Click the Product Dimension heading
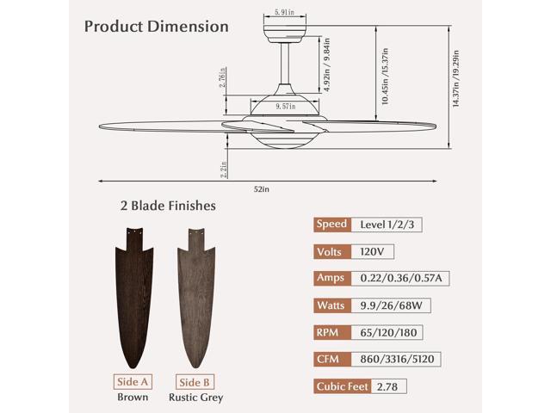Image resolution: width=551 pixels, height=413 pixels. tap(157, 27)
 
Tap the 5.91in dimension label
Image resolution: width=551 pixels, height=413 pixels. tap(285, 12)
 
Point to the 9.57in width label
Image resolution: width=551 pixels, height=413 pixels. tap(285, 106)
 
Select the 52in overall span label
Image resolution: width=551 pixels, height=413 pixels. tap(262, 189)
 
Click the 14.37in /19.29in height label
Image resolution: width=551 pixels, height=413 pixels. tap(455, 78)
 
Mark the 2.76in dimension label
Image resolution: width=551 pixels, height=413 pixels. tap(222, 77)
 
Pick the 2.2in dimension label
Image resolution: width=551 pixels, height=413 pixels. tap(224, 170)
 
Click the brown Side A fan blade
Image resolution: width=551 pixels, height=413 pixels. tap(134, 298)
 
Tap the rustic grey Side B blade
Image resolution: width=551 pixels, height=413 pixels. tap(196, 298)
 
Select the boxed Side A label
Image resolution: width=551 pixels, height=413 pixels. tap(133, 382)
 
